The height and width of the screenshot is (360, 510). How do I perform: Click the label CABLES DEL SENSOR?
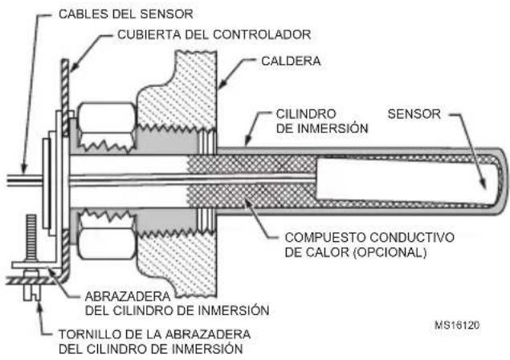126,14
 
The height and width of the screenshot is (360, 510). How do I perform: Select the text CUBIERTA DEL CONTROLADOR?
214,35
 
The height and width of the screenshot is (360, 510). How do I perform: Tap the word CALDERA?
291,61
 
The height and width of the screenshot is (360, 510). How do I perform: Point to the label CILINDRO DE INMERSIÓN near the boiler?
322,121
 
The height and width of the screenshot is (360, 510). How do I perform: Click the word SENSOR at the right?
414,114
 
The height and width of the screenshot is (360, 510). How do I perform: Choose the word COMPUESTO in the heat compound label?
325,237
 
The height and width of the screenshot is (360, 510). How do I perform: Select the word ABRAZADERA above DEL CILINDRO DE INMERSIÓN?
128,297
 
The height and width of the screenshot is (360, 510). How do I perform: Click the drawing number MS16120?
457,325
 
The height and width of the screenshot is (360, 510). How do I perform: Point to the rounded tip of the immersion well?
504,181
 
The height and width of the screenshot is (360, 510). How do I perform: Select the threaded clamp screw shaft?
31,237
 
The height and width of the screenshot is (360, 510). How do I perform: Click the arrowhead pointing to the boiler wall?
222,84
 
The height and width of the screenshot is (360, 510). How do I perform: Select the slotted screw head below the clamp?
31,292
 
